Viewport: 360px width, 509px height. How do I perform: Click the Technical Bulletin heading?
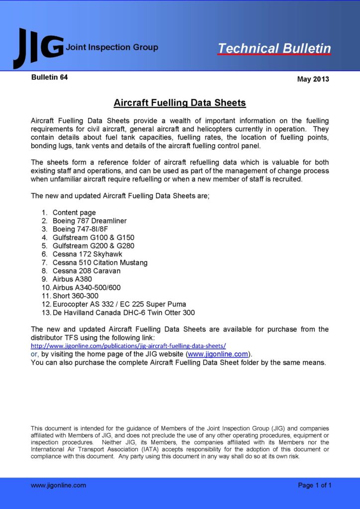[274, 48]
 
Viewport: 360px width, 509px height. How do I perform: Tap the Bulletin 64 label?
[49, 77]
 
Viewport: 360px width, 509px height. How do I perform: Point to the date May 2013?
[313, 79]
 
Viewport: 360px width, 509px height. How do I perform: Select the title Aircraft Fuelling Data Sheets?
[180, 103]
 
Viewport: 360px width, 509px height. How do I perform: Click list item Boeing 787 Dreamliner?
[90, 221]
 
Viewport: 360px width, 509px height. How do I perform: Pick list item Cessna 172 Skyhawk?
[88, 254]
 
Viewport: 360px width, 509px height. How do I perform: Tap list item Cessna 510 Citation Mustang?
[100, 262]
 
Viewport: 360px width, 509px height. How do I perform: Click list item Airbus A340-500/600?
[87, 287]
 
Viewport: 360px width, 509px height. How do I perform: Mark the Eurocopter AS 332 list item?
[119, 304]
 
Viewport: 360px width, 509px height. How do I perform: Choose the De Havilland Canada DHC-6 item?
[123, 313]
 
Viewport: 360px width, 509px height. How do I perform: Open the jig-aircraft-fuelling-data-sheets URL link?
[128, 345]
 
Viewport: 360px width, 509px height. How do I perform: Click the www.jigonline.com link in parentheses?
[218, 354]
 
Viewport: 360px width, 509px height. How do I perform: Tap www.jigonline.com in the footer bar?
[58, 485]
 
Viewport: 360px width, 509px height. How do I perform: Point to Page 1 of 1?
[314, 485]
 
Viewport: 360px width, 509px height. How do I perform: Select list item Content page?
[74, 212]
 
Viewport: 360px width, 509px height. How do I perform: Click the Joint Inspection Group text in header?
[112, 48]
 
